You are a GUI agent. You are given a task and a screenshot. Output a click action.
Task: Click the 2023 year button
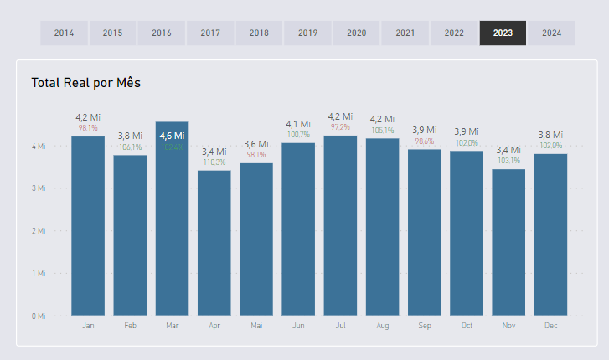pyautogui.click(x=503, y=33)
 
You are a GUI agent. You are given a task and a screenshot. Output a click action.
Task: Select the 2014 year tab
pyautogui.click(x=64, y=33)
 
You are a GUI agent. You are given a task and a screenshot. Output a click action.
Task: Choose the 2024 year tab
pyautogui.click(x=551, y=33)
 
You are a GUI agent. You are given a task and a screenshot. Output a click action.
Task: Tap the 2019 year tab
pyautogui.click(x=307, y=33)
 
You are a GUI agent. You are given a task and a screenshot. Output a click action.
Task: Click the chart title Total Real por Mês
pyautogui.click(x=86, y=83)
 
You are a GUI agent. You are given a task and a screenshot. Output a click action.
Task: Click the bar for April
pyautogui.click(x=214, y=243)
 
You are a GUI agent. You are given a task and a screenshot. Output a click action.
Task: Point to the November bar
pyautogui.click(x=508, y=243)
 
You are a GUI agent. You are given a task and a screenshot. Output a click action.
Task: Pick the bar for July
pyautogui.click(x=340, y=226)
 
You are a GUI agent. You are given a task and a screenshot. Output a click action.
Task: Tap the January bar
pyautogui.click(x=88, y=226)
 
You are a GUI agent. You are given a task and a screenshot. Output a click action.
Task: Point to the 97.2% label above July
pyautogui.click(x=340, y=127)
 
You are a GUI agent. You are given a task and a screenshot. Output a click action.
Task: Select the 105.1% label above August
pyautogui.click(x=383, y=130)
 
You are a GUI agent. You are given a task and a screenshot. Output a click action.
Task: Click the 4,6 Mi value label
pyautogui.click(x=172, y=136)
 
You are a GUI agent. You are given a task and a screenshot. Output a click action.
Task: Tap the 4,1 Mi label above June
pyautogui.click(x=298, y=124)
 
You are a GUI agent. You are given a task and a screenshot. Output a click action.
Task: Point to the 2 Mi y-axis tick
pyautogui.click(x=39, y=231)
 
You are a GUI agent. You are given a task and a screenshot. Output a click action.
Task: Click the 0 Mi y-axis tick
pyautogui.click(x=39, y=316)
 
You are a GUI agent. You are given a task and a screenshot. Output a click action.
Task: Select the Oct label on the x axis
pyautogui.click(x=467, y=325)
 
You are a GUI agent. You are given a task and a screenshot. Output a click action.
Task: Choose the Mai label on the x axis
pyautogui.click(x=256, y=325)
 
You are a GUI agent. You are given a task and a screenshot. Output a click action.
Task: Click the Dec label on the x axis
pyautogui.click(x=550, y=325)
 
